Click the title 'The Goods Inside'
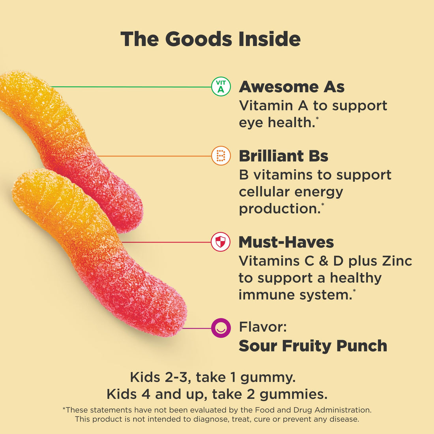210,39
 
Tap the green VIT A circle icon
221,87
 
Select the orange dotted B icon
221,156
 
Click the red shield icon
221,242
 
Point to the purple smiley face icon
221,328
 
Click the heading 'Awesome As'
292,87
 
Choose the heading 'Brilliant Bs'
283,156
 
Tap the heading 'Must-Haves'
286,242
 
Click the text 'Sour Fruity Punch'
313,346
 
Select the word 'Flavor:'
263,327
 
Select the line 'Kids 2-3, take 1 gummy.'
213,377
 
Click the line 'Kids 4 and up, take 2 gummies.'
217,394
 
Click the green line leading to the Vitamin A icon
130,86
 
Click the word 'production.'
280,209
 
